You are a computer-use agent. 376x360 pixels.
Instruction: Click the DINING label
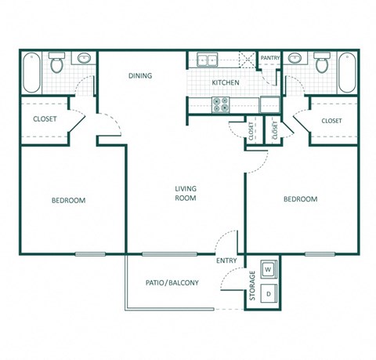click(x=141, y=76)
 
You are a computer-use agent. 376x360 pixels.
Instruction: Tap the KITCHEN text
click(x=225, y=82)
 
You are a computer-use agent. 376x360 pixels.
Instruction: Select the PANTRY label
click(x=270, y=58)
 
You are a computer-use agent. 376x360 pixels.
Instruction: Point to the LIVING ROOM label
click(x=186, y=194)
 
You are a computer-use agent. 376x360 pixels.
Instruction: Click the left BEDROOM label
click(x=68, y=200)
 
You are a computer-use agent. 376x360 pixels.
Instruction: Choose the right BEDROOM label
click(x=300, y=199)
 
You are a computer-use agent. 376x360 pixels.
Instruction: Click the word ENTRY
click(x=227, y=261)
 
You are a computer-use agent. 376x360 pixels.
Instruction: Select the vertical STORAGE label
click(x=252, y=285)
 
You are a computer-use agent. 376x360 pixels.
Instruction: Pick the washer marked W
click(x=269, y=269)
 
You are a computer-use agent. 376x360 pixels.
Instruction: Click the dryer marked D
click(x=269, y=294)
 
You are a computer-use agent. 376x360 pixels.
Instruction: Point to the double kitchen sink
click(x=208, y=60)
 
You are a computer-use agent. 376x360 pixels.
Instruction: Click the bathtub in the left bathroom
click(x=32, y=72)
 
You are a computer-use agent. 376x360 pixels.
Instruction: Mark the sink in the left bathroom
click(x=83, y=58)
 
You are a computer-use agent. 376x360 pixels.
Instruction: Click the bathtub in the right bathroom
click(x=345, y=72)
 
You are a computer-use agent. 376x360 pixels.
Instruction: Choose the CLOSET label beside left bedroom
click(x=43, y=119)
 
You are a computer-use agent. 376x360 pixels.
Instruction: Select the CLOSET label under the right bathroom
click(x=331, y=121)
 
